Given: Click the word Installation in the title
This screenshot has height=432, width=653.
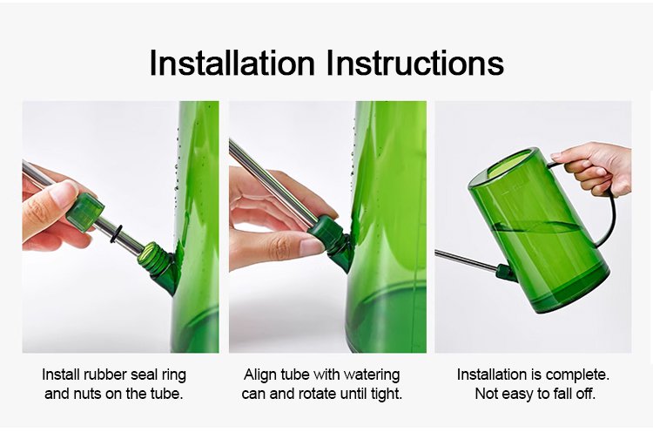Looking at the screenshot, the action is [232, 63].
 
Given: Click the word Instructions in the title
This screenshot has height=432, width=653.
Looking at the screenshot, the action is [414, 63].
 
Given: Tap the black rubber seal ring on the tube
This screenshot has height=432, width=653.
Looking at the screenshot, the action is [116, 233].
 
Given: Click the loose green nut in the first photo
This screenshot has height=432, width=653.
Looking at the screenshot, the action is [85, 212].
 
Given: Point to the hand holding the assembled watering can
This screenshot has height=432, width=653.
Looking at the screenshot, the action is [596, 167].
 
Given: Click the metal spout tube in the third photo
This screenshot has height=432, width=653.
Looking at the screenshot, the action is [467, 260].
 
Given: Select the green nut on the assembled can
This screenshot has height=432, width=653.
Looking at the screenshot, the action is [504, 273].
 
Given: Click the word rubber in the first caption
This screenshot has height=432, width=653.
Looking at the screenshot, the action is [105, 375].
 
